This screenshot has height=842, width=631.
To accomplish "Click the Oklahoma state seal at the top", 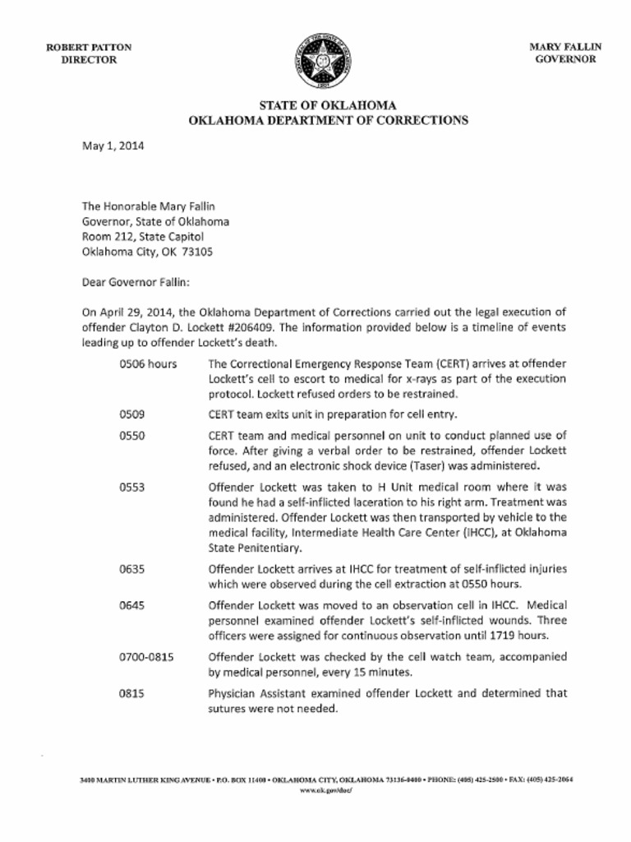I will click(x=328, y=61).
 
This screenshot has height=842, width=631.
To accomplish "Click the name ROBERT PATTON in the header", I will click(x=89, y=48).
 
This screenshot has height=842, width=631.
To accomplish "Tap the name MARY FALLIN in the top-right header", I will click(x=565, y=48).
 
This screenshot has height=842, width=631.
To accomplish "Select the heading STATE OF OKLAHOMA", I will click(x=328, y=105).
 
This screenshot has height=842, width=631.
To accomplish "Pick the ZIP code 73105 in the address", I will click(x=197, y=252).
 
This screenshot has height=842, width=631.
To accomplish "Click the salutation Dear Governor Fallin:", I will click(x=136, y=283).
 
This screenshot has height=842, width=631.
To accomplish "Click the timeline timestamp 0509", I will click(x=132, y=414).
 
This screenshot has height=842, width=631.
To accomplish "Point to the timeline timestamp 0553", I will click(x=132, y=488).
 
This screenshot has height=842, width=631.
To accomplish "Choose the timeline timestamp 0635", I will click(x=132, y=569).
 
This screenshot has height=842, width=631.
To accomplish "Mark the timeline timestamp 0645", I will click(x=132, y=605).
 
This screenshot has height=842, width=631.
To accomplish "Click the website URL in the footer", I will click(x=327, y=790).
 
